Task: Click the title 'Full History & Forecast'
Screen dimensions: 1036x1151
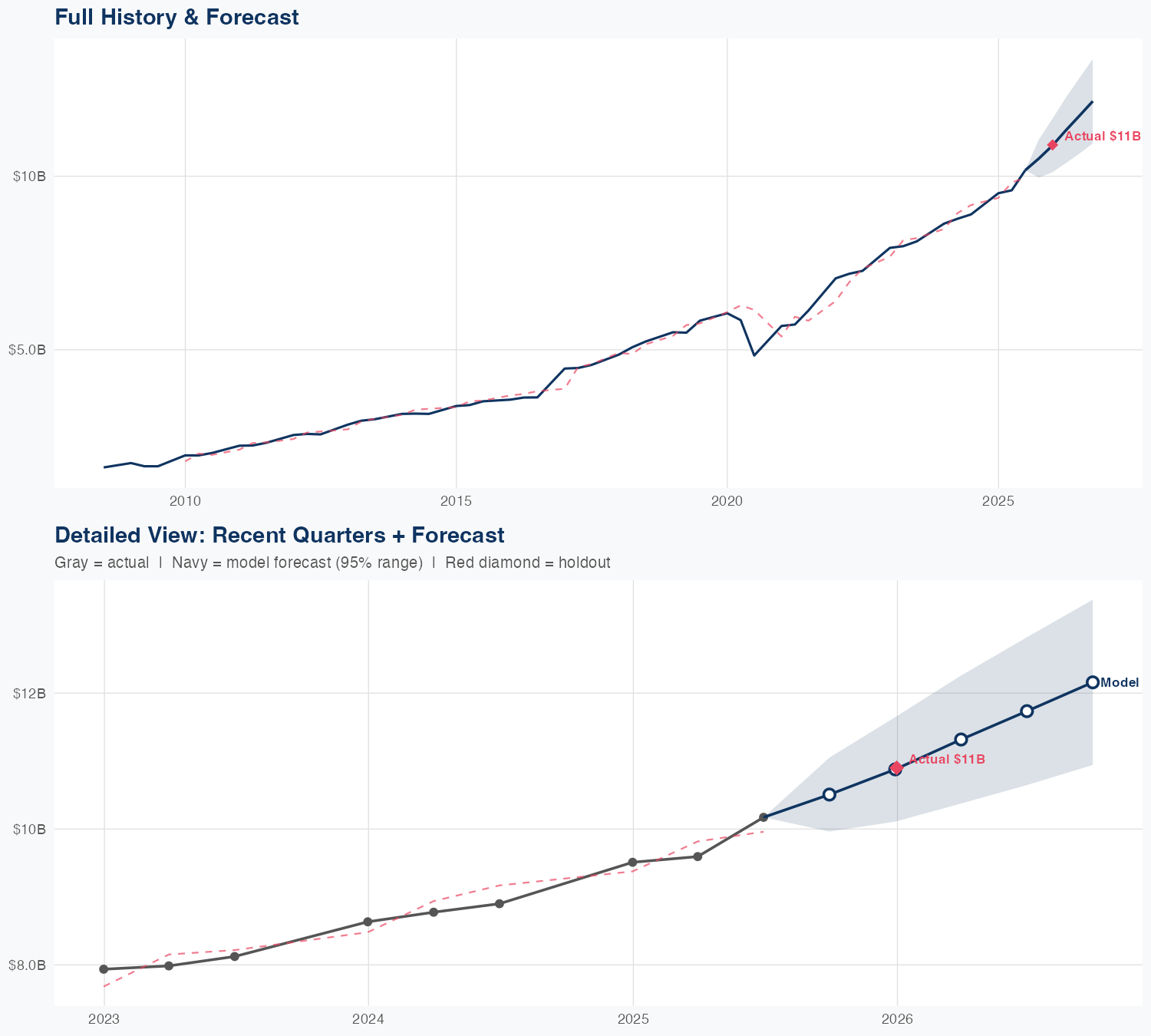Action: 176,17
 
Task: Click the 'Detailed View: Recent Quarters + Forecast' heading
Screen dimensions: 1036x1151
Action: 279,535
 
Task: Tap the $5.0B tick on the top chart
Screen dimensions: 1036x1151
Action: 27,350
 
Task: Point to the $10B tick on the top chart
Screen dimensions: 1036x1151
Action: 29,177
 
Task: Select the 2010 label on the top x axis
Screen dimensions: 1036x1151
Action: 185,501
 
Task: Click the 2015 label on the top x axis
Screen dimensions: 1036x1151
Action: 456,501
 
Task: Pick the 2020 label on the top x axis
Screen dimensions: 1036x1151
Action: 727,501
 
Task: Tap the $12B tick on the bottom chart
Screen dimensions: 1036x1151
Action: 29,694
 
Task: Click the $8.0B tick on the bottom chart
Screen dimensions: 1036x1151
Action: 27,965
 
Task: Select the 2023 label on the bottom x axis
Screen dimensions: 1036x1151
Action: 104,1019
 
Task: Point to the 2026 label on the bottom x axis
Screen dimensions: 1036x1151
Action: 897,1019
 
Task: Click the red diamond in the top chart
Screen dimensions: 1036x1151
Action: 1052,144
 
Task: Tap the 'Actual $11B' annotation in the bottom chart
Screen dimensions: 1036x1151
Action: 947,760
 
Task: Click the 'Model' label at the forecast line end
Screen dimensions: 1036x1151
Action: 1120,683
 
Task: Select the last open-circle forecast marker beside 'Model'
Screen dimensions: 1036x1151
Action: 1092,682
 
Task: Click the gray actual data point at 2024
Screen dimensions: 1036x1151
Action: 368,922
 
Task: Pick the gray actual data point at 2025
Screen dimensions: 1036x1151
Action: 632,862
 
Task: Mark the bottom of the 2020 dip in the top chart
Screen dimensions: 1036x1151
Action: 754,355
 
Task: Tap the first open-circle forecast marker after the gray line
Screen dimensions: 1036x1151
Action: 829,794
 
